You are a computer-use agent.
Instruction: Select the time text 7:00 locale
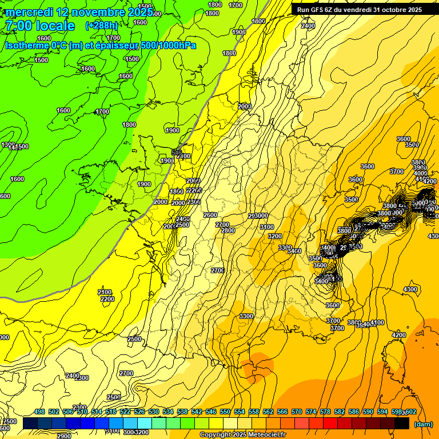(x=40, y=26)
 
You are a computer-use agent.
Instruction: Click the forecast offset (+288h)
(x=102, y=26)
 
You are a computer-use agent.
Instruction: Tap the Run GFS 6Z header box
(x=360, y=9)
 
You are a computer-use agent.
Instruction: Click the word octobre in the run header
(x=389, y=9)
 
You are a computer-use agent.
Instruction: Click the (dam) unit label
(x=423, y=424)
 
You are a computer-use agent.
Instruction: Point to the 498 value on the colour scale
(x=39, y=412)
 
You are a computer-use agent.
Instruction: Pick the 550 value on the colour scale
(x=225, y=412)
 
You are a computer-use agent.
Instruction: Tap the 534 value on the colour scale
(x=168, y=412)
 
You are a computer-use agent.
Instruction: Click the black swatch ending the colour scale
(x=402, y=423)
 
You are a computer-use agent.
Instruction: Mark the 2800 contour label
(x=228, y=230)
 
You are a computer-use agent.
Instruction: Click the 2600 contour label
(x=210, y=215)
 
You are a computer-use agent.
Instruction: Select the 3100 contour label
(x=266, y=227)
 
